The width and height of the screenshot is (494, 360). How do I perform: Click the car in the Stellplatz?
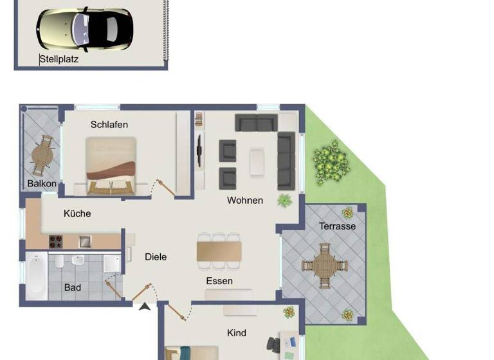(84, 28)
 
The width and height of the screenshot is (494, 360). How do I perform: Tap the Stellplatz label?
(59, 60)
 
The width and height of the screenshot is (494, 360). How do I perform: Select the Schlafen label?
(109, 125)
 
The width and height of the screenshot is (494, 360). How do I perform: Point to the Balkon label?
(42, 184)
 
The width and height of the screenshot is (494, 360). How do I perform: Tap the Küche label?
(77, 213)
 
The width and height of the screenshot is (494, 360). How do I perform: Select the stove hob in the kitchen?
(57, 242)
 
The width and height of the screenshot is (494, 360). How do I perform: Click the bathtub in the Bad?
(36, 276)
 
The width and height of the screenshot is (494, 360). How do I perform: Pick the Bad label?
(73, 287)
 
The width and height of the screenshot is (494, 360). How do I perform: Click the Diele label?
(156, 257)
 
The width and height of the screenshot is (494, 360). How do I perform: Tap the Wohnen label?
(245, 201)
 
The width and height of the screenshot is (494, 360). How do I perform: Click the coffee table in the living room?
(257, 161)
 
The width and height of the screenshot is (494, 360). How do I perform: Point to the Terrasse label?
(337, 226)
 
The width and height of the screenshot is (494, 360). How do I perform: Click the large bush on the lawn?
(331, 161)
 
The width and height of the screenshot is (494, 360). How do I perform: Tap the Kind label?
(237, 333)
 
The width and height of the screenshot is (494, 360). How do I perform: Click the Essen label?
(219, 281)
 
